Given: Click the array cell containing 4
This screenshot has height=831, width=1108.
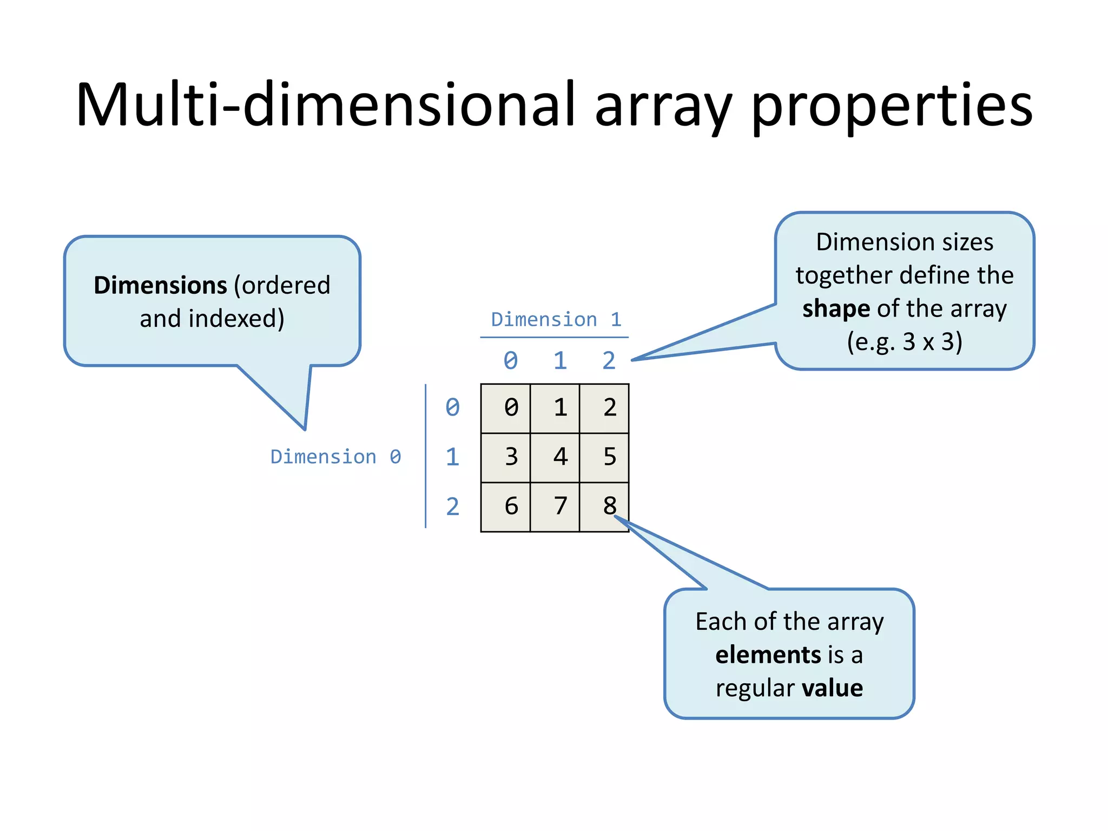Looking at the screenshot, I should (560, 457).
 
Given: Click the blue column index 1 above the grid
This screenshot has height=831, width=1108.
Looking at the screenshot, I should (560, 361).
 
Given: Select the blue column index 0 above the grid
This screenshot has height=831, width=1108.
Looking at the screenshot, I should (511, 361).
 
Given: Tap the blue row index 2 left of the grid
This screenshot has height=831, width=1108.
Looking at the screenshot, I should (452, 507).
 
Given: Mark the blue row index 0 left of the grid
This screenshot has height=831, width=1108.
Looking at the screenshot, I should (452, 408).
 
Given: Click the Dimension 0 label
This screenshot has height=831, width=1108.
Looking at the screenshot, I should (335, 457).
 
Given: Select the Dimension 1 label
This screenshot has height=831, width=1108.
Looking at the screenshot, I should (556, 320).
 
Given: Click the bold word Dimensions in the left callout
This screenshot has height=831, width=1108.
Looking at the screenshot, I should (160, 285).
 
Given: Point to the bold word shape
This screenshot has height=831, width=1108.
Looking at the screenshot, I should (836, 309).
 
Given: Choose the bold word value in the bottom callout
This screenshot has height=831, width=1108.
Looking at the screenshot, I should (832, 688).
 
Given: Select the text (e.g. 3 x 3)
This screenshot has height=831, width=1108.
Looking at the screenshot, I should (905, 342).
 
